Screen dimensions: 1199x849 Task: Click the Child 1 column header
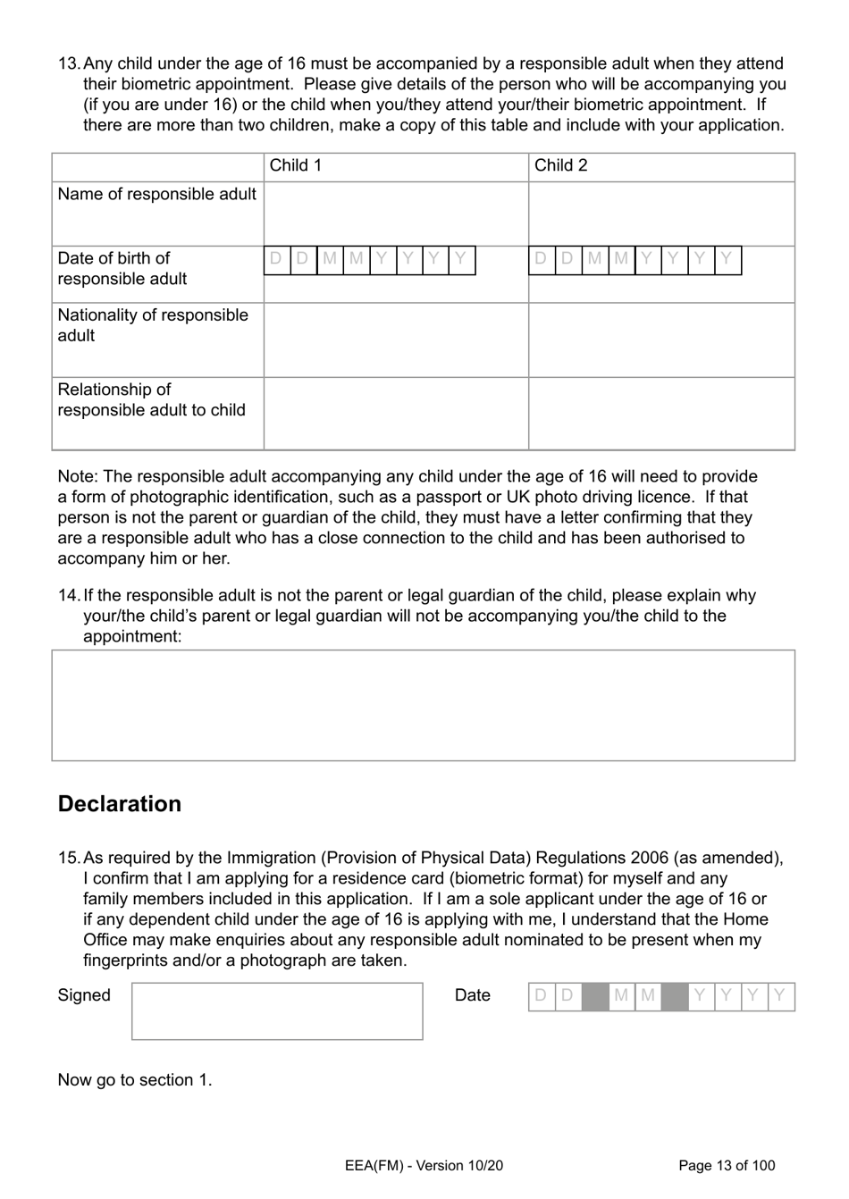point(295,165)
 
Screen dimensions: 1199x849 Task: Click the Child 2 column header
point(560,165)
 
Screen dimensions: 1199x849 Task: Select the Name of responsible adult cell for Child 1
point(395,214)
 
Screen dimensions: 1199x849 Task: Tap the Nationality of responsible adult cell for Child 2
point(660,340)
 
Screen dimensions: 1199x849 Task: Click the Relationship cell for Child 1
point(395,413)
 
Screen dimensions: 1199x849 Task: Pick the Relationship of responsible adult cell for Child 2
point(660,413)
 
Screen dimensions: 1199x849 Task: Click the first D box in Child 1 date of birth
point(277,260)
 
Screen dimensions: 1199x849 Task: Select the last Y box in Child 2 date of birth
point(727,260)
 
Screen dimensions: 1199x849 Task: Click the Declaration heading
point(119,803)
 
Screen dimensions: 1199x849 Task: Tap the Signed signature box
point(277,1011)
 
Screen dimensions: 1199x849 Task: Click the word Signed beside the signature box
point(84,995)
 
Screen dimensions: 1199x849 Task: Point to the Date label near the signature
point(472,995)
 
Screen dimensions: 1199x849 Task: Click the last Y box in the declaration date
point(780,996)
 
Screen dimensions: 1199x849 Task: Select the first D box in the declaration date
point(541,996)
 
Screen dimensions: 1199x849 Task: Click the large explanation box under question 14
point(423,705)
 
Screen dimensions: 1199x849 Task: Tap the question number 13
point(68,63)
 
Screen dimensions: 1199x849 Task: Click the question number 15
point(68,858)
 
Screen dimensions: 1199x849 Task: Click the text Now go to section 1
point(134,1079)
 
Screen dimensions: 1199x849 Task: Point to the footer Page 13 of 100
point(727,1165)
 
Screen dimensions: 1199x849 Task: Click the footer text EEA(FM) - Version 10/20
point(423,1165)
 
